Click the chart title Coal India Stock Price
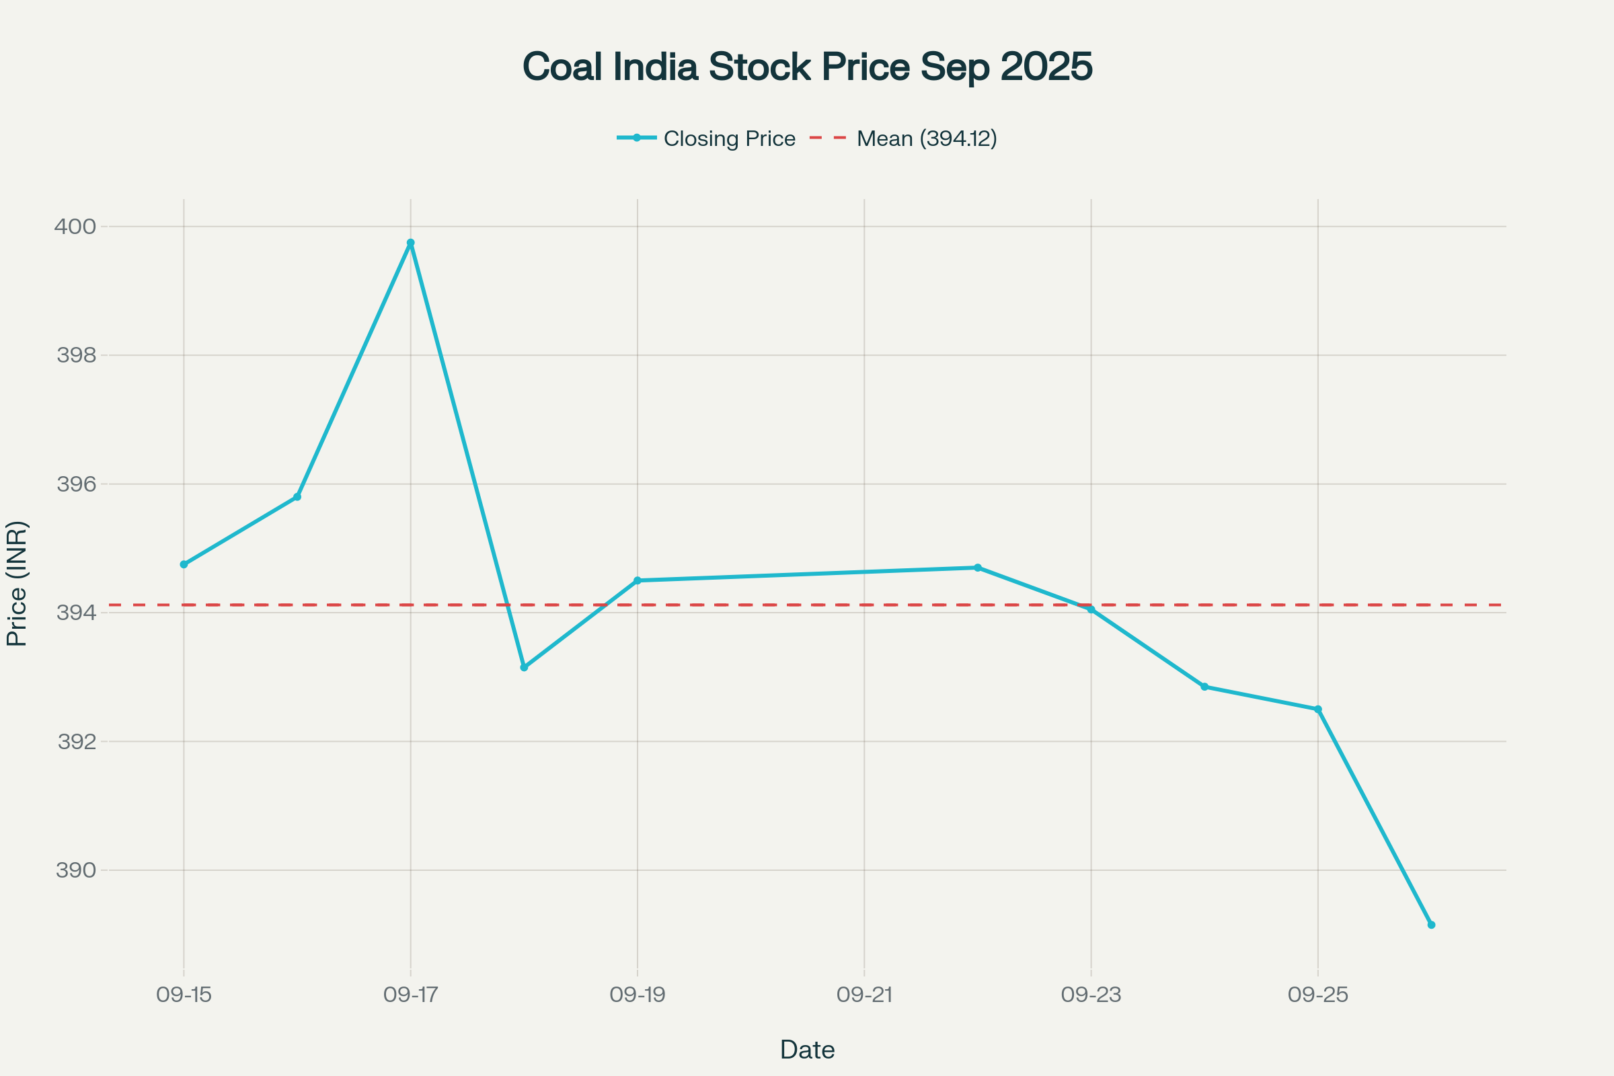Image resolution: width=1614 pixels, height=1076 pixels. tap(807, 67)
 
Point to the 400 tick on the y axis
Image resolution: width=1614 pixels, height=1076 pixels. tap(75, 227)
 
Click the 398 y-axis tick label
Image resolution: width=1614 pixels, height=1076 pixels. tap(76, 356)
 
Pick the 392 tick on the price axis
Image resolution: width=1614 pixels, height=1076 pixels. tap(76, 742)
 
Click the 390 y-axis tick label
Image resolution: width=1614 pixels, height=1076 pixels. tap(76, 871)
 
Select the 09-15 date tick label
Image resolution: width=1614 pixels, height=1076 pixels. tap(184, 995)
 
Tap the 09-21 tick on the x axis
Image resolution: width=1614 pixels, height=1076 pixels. tap(864, 995)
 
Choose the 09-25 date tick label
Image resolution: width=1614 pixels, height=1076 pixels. tap(1317, 995)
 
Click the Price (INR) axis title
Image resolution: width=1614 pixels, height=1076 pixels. tap(17, 584)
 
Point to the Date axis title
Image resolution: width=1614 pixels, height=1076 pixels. tap(807, 1050)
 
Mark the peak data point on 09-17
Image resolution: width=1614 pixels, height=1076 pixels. tap(410, 243)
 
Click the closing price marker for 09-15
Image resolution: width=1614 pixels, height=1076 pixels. tap(184, 565)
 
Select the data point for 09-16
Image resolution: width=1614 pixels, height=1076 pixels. tap(297, 497)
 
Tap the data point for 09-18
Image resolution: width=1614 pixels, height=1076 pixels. tap(525, 668)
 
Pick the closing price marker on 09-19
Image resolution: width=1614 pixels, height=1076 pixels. tap(638, 580)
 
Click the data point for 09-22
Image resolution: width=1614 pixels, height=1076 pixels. tap(978, 568)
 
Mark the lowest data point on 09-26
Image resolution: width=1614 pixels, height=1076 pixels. tap(1432, 925)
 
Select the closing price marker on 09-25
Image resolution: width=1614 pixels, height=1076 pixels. tap(1317, 709)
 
